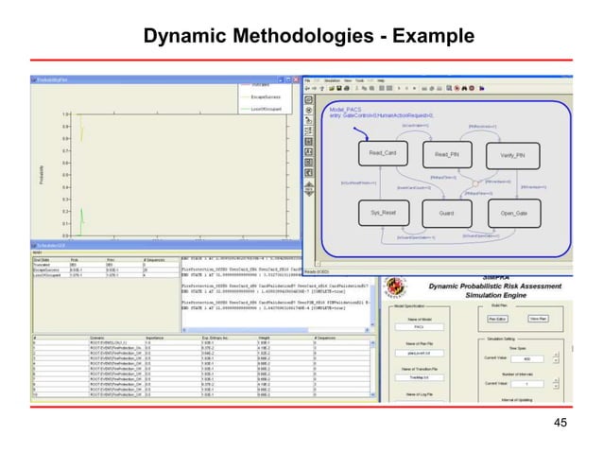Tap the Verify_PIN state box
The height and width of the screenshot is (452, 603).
click(x=512, y=153)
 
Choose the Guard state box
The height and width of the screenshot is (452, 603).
click(x=446, y=213)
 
